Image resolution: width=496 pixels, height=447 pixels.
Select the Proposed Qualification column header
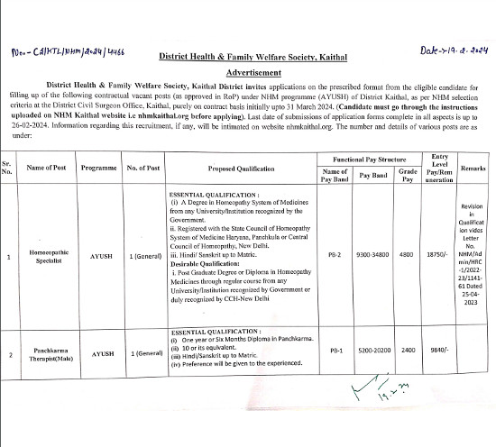pos(238,169)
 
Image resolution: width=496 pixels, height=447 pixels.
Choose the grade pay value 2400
pos(408,354)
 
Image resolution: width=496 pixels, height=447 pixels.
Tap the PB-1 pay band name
pos(334,354)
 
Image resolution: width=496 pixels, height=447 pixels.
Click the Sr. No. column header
pos(8,169)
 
